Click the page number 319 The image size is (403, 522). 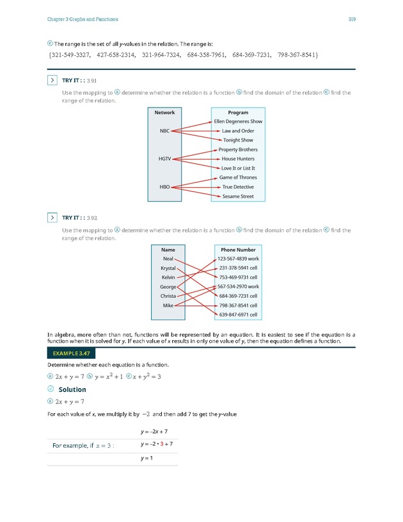tap(352, 19)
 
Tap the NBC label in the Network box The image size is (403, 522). tap(165, 131)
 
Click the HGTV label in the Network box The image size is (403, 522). tap(165, 159)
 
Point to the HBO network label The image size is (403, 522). tap(165, 187)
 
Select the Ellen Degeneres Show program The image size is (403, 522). tap(238, 122)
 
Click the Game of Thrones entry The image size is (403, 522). tap(238, 177)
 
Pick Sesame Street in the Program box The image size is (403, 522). tap(238, 197)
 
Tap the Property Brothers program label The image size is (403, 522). tap(238, 150)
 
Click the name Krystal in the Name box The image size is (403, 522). tap(168, 268)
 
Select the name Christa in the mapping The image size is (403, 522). tap(168, 296)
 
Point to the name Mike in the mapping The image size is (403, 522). tap(168, 306)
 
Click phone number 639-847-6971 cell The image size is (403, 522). tap(238, 315)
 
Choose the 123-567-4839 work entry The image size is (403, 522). tap(238, 259)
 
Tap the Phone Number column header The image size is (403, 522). tap(238, 250)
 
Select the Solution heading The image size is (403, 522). tap(72, 389)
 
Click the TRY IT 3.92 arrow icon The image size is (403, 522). tap(51, 218)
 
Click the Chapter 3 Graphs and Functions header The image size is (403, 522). tap(83, 19)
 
